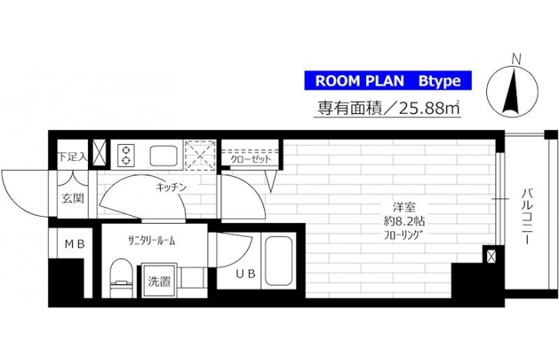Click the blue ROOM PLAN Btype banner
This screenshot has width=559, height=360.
coord(388,80)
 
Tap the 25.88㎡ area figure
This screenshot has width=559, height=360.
coord(430,108)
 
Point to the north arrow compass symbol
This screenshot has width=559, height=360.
coord(512,91)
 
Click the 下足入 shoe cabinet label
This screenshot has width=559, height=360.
coord(73,157)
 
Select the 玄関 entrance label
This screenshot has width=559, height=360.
coord(73,198)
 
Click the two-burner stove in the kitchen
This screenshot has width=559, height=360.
coord(126,155)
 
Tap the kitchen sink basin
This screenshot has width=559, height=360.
coord(164,155)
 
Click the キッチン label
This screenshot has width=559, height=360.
coord(172,187)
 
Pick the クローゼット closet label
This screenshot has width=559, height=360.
coord(251,159)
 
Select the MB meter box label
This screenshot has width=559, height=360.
coord(74,244)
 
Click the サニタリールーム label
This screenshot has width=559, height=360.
coord(152,241)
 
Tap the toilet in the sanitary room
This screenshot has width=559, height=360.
coord(121,278)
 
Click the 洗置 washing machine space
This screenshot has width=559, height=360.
coord(159,280)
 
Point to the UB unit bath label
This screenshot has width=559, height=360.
coord(246,273)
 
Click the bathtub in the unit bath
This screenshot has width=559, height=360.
coord(279,260)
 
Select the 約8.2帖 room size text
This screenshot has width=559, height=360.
coord(404,221)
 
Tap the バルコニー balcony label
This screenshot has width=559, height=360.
coord(528,216)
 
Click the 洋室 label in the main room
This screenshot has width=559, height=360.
coord(404,207)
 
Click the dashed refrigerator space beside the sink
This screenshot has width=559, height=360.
coord(201,155)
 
